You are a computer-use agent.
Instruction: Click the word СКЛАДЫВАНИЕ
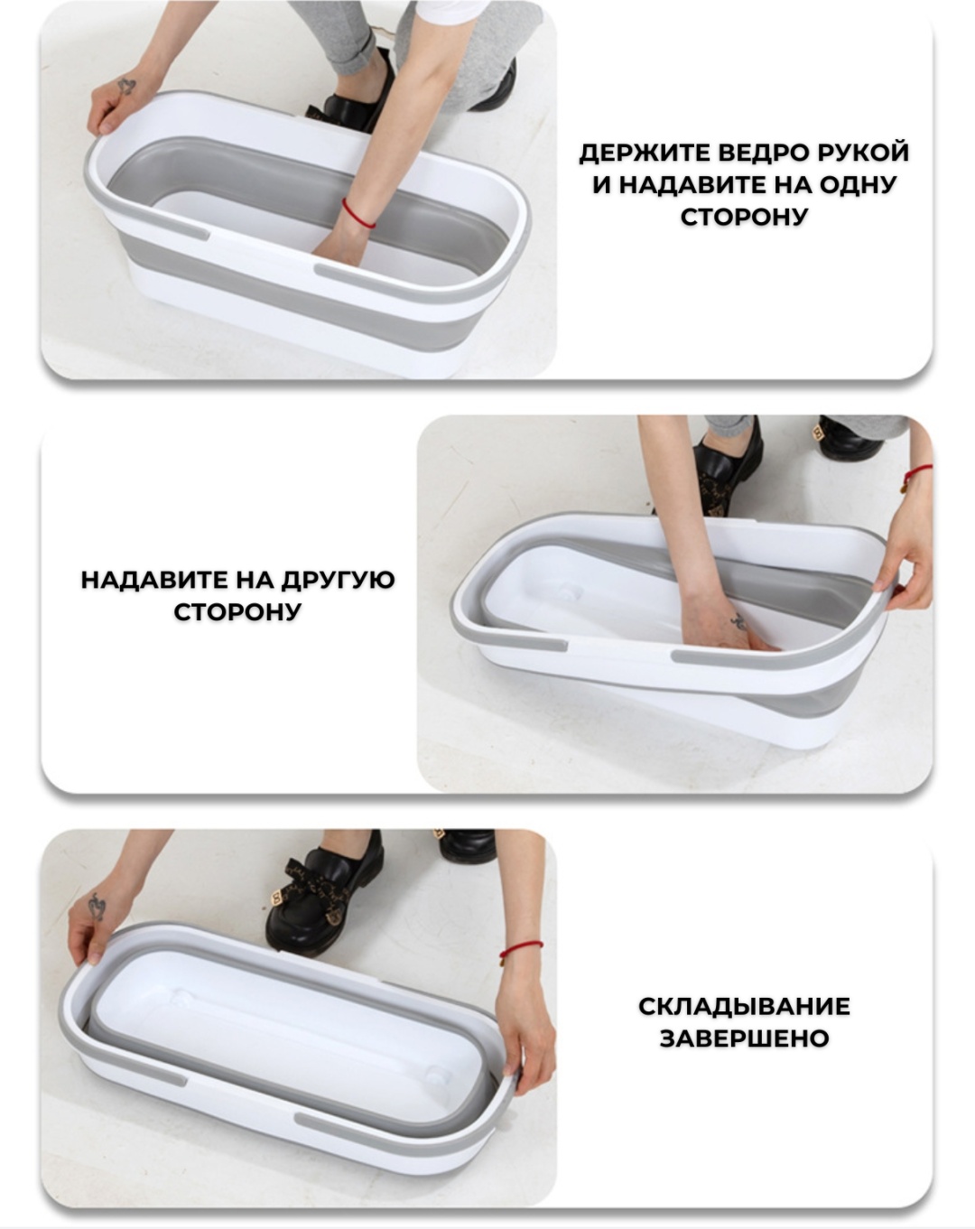(x=744, y=1022)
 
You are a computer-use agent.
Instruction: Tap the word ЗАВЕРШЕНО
(x=744, y=1054)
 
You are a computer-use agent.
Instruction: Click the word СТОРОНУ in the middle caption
(x=237, y=611)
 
